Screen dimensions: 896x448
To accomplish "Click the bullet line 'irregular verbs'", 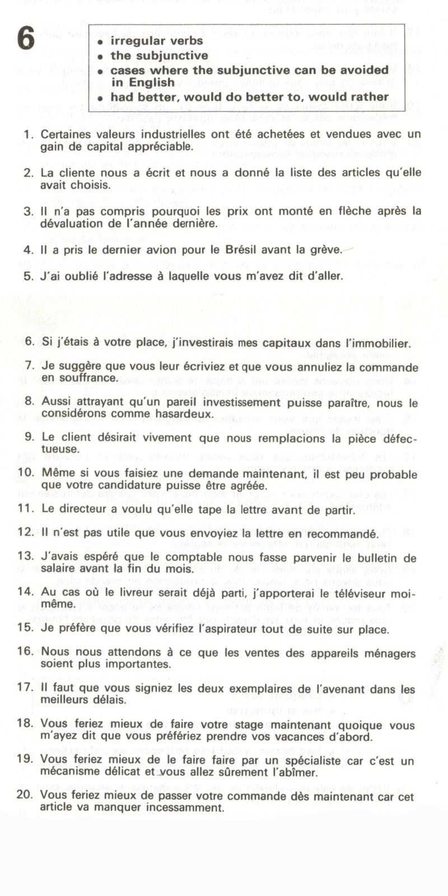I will [156, 41].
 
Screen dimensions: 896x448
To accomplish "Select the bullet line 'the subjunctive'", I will [159, 55].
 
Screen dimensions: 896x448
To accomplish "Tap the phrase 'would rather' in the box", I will [356, 96].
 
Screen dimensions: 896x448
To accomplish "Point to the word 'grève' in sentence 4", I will [326, 250].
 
